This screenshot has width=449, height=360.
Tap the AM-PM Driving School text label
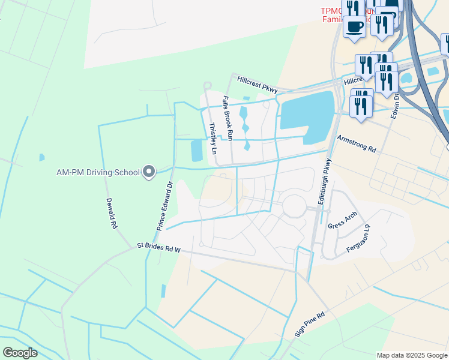tap(98, 172)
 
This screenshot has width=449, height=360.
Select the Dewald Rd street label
tap(111, 214)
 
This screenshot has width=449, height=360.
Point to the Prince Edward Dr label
tap(165, 206)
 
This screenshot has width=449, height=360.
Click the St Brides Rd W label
tap(158, 245)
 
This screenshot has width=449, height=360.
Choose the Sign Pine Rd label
tap(310, 324)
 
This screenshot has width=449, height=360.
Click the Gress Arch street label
tap(343, 220)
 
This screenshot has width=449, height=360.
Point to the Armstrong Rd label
tap(356, 145)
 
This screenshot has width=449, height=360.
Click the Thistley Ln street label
tap(212, 139)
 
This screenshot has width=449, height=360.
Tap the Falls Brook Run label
tap(228, 118)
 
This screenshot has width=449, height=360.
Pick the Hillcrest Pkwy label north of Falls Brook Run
tap(257, 84)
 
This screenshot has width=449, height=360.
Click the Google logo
tap(20, 352)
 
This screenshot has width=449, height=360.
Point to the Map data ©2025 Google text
tap(411, 355)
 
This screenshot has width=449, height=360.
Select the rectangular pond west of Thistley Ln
tap(196, 151)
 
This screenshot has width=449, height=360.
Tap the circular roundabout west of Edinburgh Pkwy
tap(295, 206)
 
